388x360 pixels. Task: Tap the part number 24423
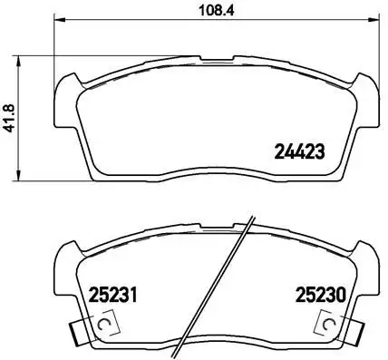[298, 151]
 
